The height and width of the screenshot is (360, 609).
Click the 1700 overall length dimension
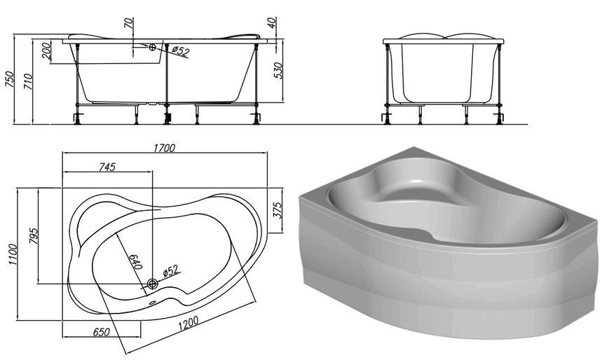pos(164,148)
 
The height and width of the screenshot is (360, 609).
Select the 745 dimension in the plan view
pos(107,167)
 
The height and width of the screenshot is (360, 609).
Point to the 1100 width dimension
pos(12,254)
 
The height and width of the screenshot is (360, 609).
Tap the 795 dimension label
pos(34,236)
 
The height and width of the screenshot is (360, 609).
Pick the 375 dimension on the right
pos(278,211)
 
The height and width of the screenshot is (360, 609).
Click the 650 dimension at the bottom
pos(102,333)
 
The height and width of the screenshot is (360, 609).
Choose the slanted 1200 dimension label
pos(189,323)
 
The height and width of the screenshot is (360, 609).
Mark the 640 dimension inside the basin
pos(135,262)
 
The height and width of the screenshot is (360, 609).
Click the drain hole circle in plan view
pos(152,284)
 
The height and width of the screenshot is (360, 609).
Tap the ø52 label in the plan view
pos(171,270)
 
